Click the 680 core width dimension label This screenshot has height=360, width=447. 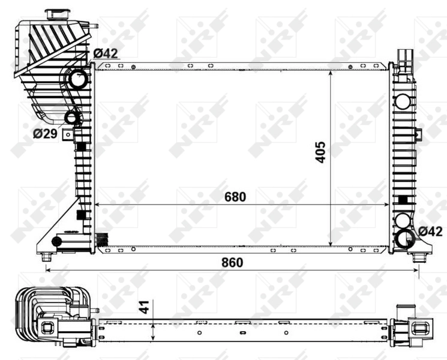pos(235,196)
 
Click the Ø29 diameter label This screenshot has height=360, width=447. pos(46,133)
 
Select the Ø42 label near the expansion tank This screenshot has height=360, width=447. pos(105,53)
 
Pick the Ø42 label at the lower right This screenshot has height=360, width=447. pos(430,231)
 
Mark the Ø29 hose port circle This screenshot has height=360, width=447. pos(71,117)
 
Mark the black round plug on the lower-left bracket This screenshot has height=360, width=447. pos(57,241)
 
